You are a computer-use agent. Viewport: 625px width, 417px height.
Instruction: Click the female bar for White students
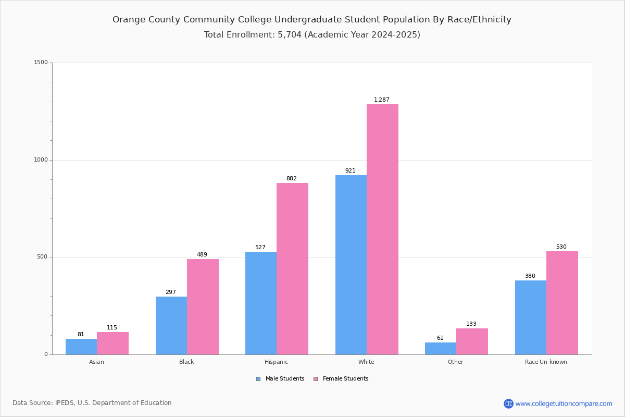(382, 229)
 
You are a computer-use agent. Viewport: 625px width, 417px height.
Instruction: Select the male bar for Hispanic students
(261, 303)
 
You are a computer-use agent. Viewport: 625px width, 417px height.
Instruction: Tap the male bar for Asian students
(81, 347)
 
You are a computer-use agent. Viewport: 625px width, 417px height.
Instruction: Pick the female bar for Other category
(472, 341)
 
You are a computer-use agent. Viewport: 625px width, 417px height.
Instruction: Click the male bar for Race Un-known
(531, 317)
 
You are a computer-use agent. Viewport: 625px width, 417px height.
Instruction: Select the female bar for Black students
(203, 306)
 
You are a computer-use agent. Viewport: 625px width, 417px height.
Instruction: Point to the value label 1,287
(381, 100)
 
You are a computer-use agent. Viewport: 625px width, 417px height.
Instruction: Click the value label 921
(350, 170)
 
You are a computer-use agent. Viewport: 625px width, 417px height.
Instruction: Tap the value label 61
(440, 338)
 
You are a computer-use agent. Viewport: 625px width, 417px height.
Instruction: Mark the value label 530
(561, 247)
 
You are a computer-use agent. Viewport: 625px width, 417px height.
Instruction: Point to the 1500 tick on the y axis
(41, 63)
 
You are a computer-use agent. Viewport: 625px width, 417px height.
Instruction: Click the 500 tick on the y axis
(43, 257)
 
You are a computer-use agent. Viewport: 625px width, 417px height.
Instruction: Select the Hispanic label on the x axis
(276, 362)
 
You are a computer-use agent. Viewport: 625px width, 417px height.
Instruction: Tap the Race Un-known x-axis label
(546, 362)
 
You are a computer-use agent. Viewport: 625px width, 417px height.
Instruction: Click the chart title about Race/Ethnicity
(312, 20)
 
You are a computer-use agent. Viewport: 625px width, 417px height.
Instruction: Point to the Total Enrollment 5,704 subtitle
(312, 35)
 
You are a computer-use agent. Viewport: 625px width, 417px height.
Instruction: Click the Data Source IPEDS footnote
(92, 403)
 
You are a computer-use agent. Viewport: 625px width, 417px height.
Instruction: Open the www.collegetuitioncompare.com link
(564, 403)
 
